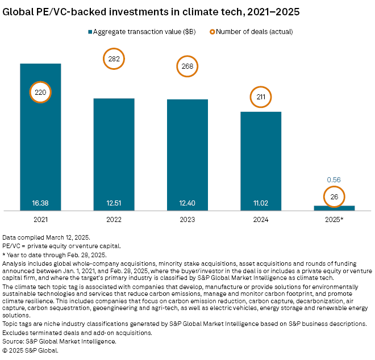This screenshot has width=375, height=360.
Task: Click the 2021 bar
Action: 40,148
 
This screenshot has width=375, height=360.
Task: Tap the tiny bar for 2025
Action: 334,208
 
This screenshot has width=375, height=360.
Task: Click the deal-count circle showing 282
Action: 114,59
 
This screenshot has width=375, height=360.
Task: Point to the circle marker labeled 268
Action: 188,67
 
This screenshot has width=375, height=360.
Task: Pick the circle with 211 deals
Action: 261,97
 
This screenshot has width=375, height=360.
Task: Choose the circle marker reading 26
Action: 334,198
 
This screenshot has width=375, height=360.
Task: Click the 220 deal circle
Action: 40,91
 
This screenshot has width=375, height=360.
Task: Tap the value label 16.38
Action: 40,202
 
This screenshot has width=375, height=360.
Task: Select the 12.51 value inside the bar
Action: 114,202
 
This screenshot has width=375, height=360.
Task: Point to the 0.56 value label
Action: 334,179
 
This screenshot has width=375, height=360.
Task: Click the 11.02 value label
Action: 261,202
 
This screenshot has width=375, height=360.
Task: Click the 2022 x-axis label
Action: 114,219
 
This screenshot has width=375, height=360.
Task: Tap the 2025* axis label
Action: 334,219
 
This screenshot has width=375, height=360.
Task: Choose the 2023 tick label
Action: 188,219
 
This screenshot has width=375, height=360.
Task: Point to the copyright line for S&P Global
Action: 30,351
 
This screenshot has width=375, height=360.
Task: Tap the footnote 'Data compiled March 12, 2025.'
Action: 45,236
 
